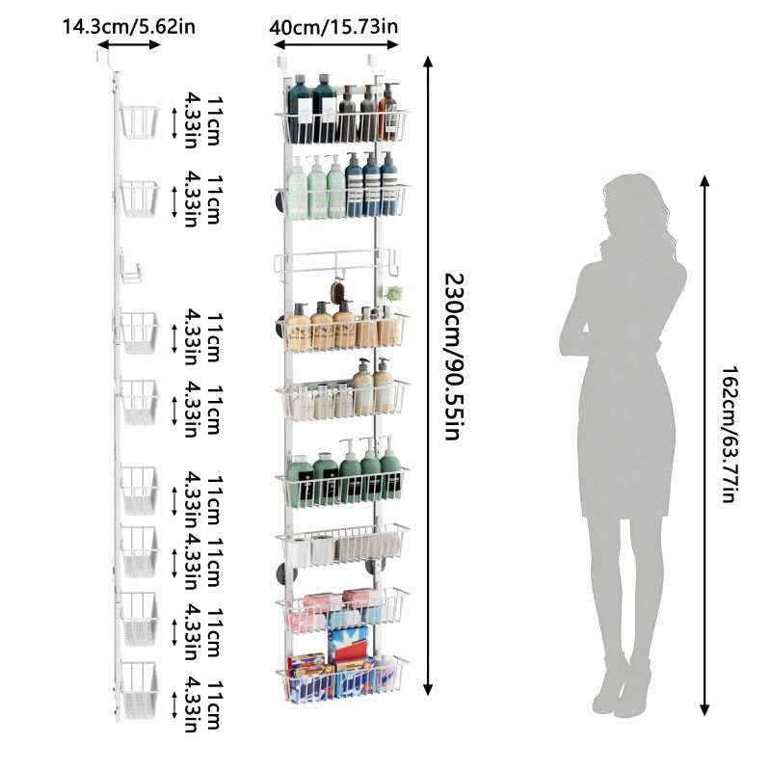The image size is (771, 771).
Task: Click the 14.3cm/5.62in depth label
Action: tap(129, 27)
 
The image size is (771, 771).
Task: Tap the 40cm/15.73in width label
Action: tap(333, 27)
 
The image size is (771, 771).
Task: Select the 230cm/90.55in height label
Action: tap(454, 357)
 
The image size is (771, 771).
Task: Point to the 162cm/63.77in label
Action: tap(731, 434)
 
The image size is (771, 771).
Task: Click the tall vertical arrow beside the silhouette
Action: tap(705, 445)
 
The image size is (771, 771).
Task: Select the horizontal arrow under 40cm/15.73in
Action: tap(335, 44)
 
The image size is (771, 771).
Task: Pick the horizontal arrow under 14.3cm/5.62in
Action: tap(129, 44)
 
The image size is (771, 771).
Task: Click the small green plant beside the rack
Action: tap(394, 294)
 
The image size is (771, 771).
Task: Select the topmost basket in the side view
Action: tap(139, 121)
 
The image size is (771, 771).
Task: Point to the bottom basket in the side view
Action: tap(139, 690)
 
